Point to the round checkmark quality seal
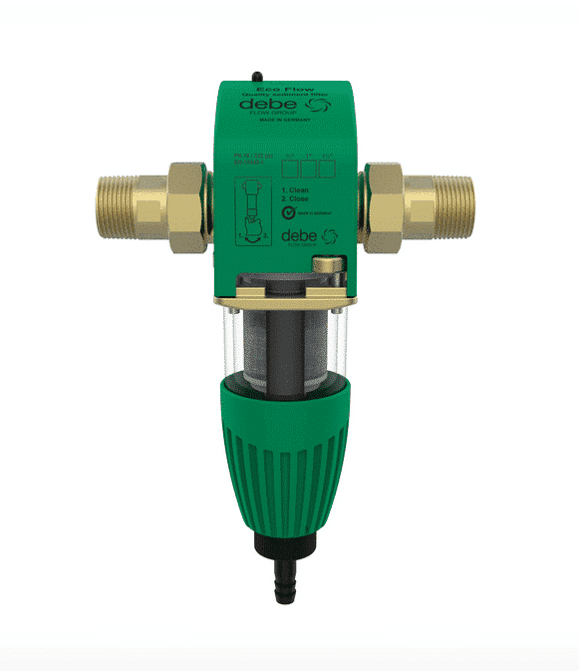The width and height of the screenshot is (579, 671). tap(291, 212)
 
